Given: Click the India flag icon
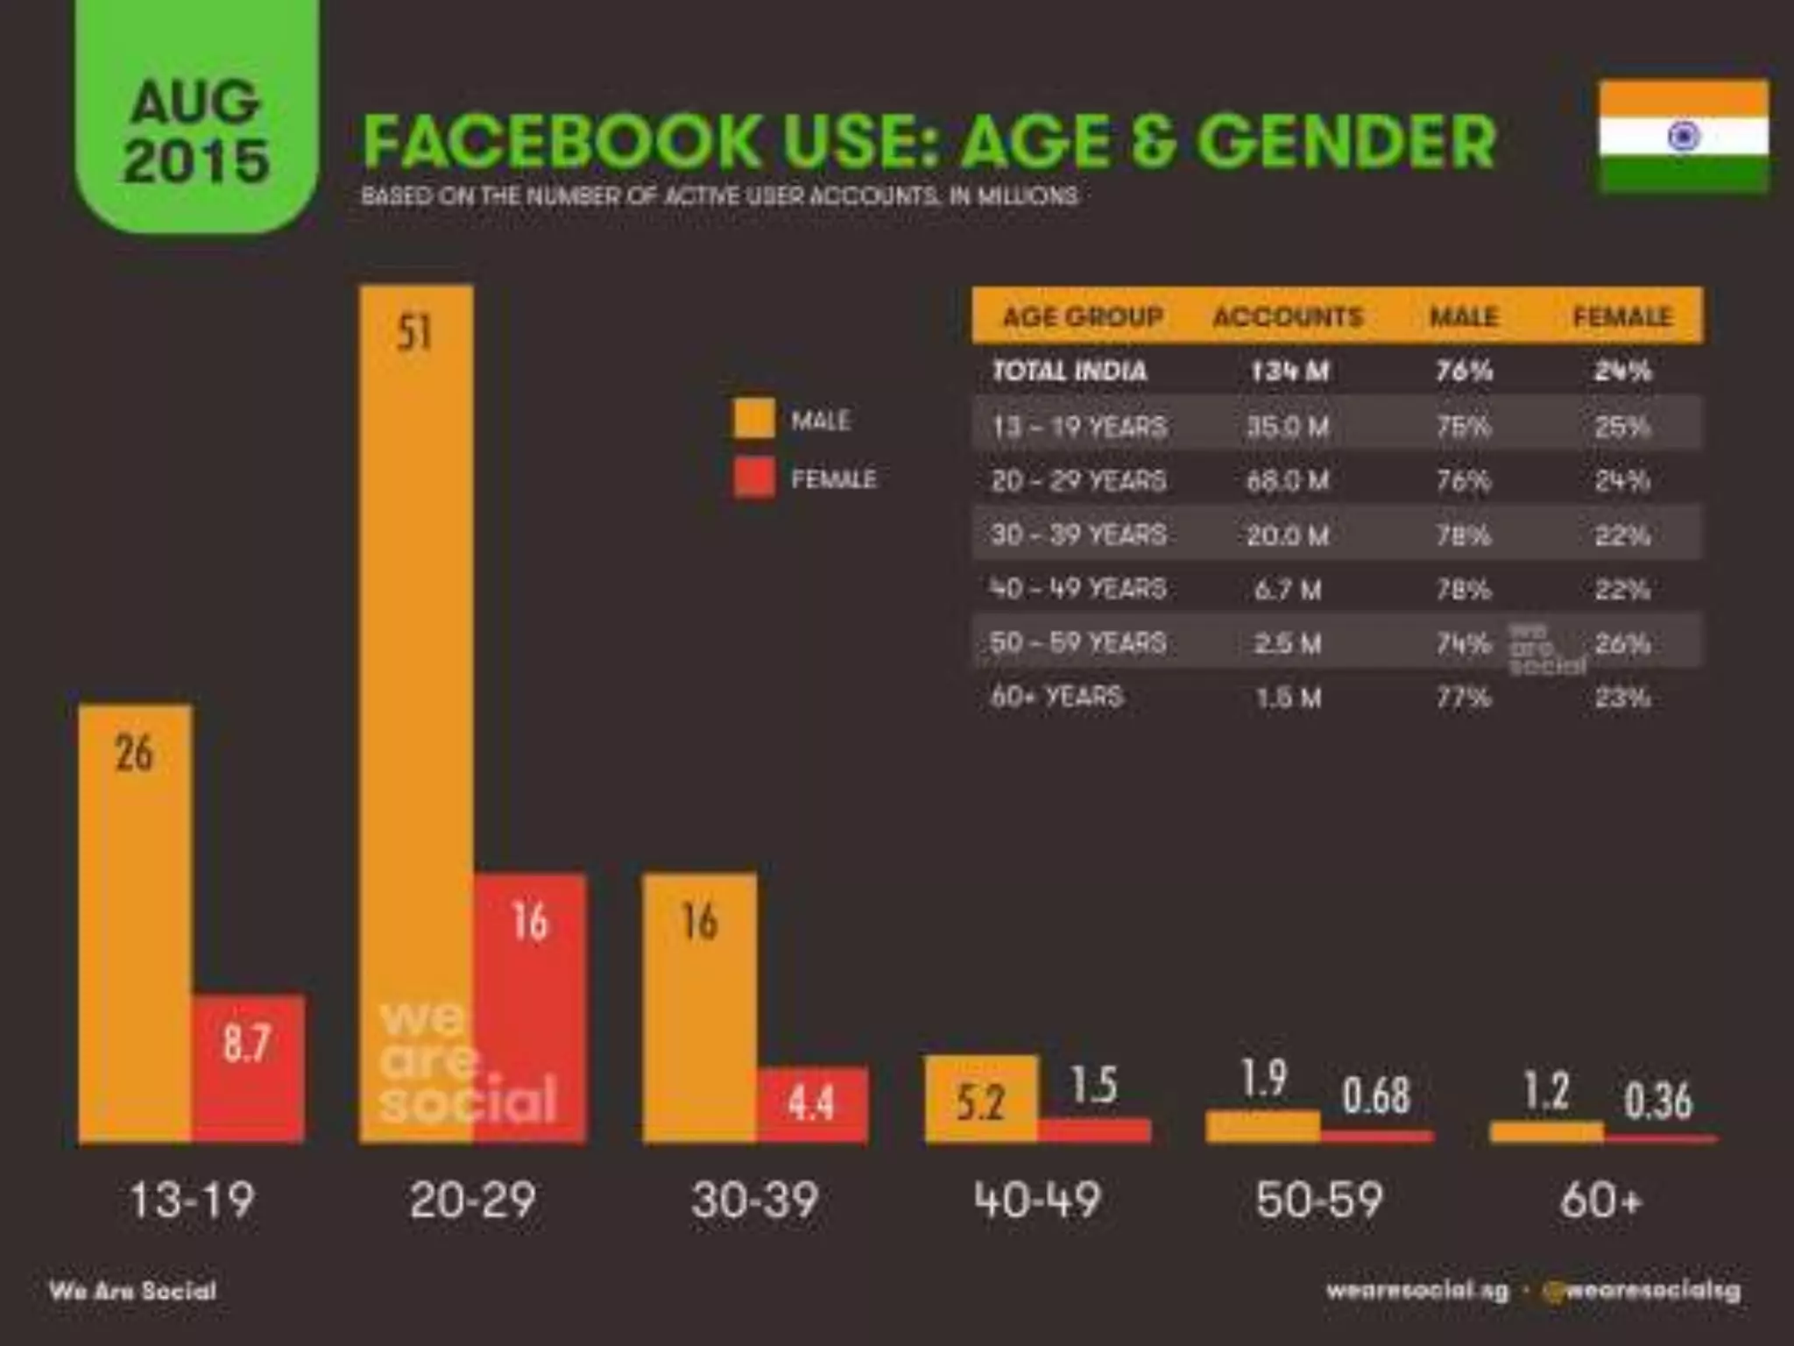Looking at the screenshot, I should [x=1683, y=136].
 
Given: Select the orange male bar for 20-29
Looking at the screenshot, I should [x=416, y=714].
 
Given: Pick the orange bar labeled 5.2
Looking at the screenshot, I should [x=981, y=1100].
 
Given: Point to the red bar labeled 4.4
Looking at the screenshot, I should [x=812, y=1104].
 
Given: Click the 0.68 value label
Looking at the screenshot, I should [x=1376, y=1095].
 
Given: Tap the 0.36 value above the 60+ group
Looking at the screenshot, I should [x=1657, y=1101].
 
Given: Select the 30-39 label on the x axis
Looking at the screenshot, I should [x=754, y=1200].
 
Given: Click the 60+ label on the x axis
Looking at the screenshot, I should [x=1600, y=1200].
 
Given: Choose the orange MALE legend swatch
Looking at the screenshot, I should [x=753, y=418].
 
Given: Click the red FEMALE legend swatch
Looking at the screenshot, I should [x=753, y=478].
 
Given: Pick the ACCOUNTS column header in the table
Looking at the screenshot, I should [x=1288, y=316].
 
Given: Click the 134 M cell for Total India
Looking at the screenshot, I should [x=1289, y=371].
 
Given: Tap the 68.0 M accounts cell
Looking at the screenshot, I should [x=1288, y=480].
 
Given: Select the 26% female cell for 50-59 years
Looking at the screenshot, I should [x=1622, y=644].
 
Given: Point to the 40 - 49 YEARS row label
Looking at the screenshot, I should [x=1078, y=589].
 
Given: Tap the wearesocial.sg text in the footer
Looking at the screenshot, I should [x=1416, y=1290].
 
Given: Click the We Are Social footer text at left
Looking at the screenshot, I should [x=133, y=1291].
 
